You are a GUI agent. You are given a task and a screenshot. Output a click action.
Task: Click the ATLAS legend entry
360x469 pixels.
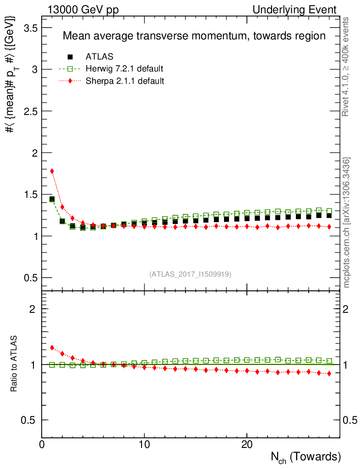click(99, 57)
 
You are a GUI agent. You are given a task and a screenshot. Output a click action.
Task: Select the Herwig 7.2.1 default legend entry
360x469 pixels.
click(124, 69)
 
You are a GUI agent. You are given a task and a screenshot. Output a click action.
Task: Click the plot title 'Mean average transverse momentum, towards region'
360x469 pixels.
click(194, 36)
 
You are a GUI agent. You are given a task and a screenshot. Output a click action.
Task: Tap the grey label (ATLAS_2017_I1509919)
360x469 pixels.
click(190, 274)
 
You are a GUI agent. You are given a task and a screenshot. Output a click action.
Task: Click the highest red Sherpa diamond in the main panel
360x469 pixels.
click(52, 171)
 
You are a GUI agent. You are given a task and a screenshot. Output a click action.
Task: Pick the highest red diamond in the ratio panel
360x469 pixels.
click(52, 348)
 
